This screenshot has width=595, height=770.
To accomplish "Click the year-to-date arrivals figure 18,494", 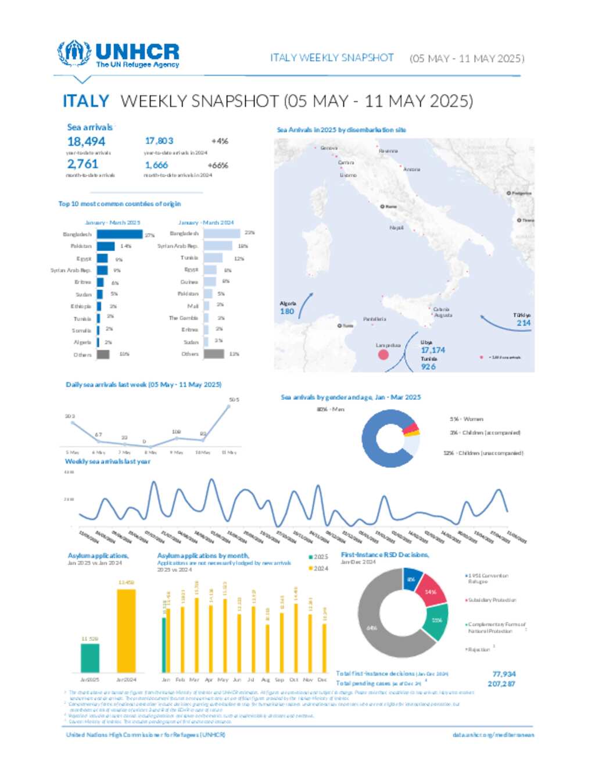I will tap(86, 141).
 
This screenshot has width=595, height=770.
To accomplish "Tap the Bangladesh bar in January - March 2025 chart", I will tap(119, 234).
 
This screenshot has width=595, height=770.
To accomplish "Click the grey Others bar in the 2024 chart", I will tap(213, 354).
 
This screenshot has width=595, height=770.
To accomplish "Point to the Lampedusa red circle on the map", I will tap(383, 354).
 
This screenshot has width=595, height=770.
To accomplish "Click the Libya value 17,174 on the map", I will tap(433, 350).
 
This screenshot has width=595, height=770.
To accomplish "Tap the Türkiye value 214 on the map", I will tap(524, 323).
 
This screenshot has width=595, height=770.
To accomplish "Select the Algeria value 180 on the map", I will tap(287, 311).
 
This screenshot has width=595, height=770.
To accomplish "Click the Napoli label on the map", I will tap(396, 228).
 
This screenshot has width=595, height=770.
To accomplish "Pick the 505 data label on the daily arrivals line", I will tap(234, 400).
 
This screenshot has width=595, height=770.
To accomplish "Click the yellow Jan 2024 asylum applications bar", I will tap(126, 631).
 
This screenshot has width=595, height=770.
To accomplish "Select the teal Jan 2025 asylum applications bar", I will tap(89, 657).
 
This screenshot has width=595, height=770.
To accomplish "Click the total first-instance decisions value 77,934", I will tap(504, 674).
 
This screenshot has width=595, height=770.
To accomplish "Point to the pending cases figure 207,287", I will tap(501, 684).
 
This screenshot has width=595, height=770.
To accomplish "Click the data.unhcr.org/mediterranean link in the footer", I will tap(493, 735).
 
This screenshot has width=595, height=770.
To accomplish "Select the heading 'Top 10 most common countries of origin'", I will tap(119, 204).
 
